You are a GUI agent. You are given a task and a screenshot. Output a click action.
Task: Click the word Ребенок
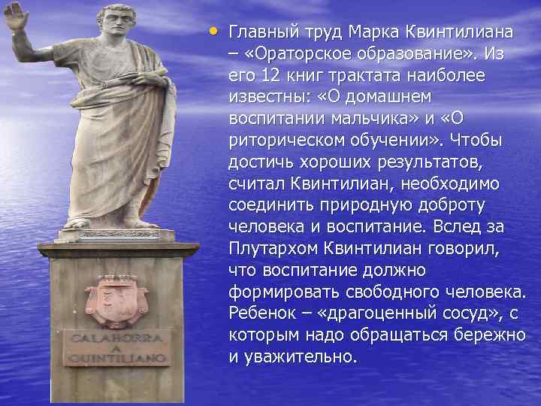(x=262, y=313)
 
